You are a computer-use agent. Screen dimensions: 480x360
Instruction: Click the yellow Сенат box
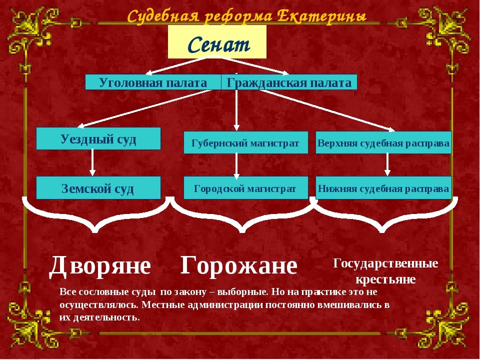(x=217, y=41)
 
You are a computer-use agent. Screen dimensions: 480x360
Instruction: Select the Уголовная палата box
(x=153, y=82)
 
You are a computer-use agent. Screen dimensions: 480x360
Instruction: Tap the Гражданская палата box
(x=289, y=82)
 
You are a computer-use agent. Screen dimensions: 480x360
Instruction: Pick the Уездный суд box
(x=98, y=138)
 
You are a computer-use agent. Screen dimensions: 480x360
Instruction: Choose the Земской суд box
(x=98, y=187)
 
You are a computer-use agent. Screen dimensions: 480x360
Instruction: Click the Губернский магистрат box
(x=246, y=142)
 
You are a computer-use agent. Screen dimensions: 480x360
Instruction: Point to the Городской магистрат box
(x=246, y=187)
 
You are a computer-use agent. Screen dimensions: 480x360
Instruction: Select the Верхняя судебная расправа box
(x=383, y=142)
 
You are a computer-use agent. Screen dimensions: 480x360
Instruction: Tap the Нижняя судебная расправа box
(x=383, y=187)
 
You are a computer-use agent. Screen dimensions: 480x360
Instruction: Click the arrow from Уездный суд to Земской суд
(x=92, y=162)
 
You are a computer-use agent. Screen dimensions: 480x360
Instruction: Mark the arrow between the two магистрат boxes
(x=236, y=165)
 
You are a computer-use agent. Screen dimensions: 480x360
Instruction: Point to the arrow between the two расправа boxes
(x=387, y=164)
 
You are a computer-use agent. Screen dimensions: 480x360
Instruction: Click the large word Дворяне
(x=100, y=265)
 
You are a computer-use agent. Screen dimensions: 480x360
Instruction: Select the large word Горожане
(x=239, y=265)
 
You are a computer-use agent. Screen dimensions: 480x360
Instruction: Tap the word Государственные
(x=385, y=263)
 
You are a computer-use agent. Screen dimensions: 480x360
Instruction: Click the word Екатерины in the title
(x=321, y=16)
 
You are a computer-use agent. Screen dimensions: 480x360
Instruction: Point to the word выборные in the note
(x=242, y=291)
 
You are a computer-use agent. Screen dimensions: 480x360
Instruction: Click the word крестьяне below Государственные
(x=385, y=279)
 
